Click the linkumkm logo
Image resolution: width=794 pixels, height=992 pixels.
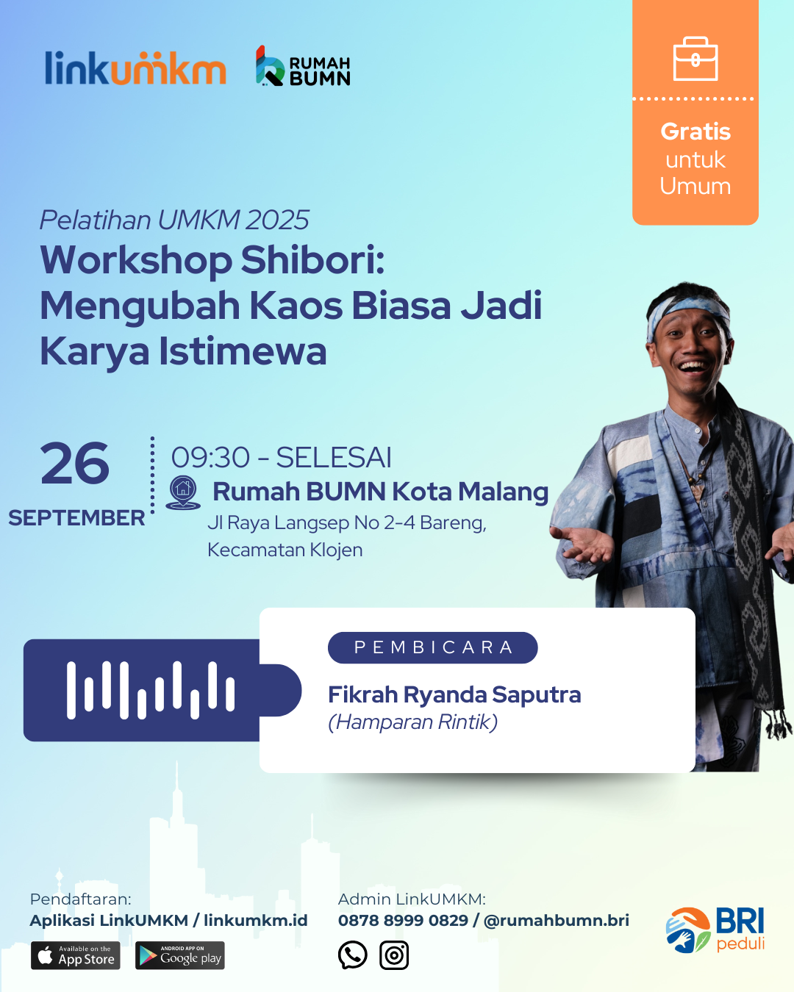pyautogui.click(x=135, y=68)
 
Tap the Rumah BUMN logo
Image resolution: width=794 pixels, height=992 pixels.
pyautogui.click(x=303, y=66)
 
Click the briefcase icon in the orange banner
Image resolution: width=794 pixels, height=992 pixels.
pyautogui.click(x=695, y=59)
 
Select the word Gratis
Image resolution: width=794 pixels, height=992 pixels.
pyautogui.click(x=695, y=132)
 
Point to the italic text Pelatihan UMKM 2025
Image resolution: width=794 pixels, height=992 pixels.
pyautogui.click(x=174, y=220)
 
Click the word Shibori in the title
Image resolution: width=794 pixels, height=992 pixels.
pyautogui.click(x=312, y=260)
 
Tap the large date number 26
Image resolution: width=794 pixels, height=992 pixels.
pyautogui.click(x=75, y=463)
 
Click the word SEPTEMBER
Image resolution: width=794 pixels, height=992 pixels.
pyautogui.click(x=76, y=518)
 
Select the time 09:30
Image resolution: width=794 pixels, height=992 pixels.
pyautogui.click(x=210, y=457)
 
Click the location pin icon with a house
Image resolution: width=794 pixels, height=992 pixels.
pyautogui.click(x=183, y=492)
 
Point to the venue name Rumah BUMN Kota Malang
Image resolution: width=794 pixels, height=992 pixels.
pyautogui.click(x=380, y=492)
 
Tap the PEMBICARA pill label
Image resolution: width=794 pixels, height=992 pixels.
pyautogui.click(x=433, y=647)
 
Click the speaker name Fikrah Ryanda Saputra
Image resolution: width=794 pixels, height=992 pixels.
pyautogui.click(x=454, y=694)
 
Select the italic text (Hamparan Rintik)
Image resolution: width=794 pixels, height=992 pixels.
pyautogui.click(x=413, y=722)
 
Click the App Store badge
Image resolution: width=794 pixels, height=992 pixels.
pyautogui.click(x=76, y=955)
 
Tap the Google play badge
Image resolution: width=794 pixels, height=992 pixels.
pyautogui.click(x=180, y=955)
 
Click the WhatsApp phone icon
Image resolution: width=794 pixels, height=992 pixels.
pyautogui.click(x=352, y=955)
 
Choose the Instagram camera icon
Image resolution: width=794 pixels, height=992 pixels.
pyautogui.click(x=394, y=955)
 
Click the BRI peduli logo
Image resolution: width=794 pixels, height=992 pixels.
pyautogui.click(x=715, y=930)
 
